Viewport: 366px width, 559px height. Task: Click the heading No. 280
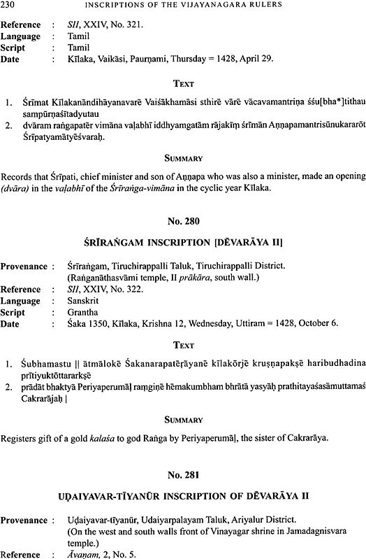[x=183, y=222]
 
